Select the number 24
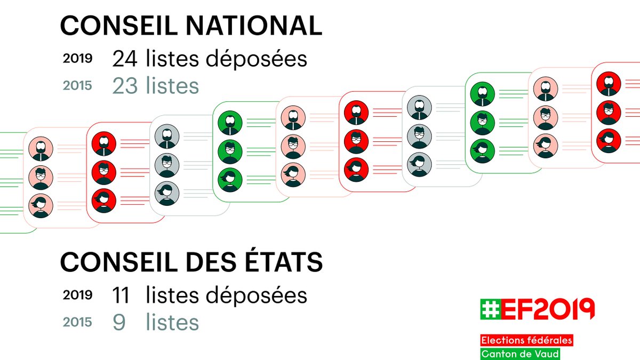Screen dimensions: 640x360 (124, 59)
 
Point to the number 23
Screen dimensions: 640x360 (124, 86)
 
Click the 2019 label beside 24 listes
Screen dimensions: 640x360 (78, 59)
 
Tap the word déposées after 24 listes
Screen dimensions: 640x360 (261, 59)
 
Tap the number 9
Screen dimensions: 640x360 (119, 322)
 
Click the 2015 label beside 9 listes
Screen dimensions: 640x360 (78, 322)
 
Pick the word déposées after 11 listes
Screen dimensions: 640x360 (261, 295)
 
